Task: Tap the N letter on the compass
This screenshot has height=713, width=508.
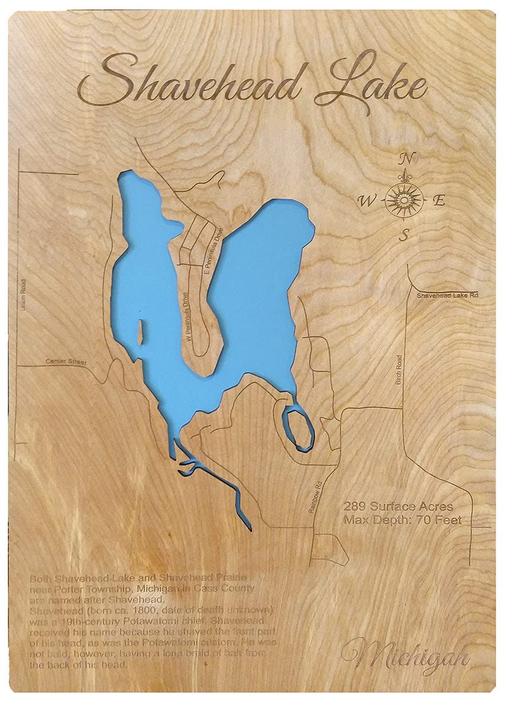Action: click(406, 159)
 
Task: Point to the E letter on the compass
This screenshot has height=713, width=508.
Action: click(439, 201)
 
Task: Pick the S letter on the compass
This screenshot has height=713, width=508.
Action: click(404, 235)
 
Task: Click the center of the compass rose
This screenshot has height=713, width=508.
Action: click(404, 198)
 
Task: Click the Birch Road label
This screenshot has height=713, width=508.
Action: click(399, 370)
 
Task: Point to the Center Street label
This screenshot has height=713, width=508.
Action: click(66, 361)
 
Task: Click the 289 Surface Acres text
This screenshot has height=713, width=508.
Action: click(398, 507)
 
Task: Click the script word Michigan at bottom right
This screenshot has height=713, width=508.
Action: click(405, 655)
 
